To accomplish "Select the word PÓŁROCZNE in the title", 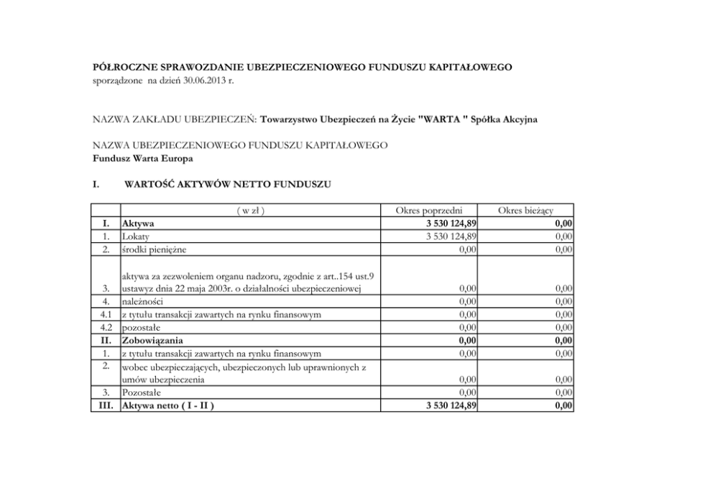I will (x=122, y=67).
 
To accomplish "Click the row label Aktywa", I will (x=139, y=223).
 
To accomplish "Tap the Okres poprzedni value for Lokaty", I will (x=451, y=236).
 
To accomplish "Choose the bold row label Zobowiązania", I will (x=152, y=340).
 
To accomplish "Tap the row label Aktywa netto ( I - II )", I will (x=169, y=406).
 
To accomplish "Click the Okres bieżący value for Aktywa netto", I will (x=563, y=406).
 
